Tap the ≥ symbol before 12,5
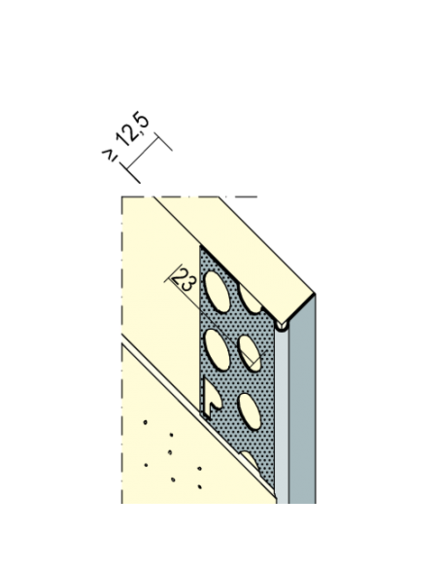110,155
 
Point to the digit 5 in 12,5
141,119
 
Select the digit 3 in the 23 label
188,285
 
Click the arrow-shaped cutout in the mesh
212,398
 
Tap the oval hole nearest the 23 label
218,291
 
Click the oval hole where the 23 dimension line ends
250,354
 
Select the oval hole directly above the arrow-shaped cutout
217,349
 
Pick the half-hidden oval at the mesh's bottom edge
251,459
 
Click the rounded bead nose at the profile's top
281,326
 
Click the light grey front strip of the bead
282,416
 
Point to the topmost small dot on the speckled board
146,422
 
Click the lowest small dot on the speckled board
200,486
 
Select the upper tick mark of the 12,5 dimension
163,142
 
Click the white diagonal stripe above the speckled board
197,414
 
